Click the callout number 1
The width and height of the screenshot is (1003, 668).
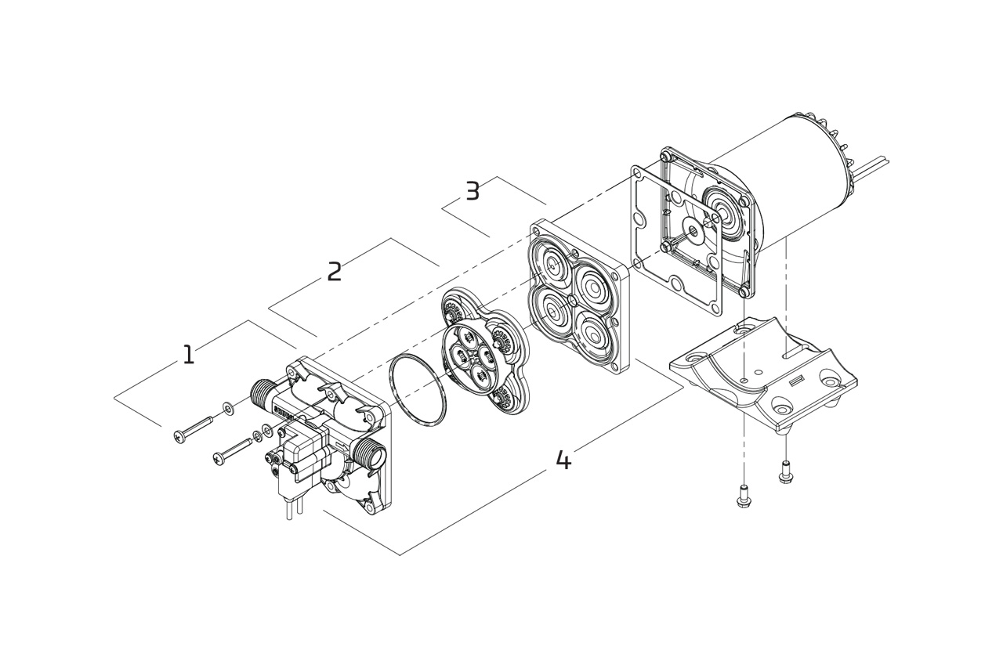(188, 356)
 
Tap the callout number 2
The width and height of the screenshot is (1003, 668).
(335, 273)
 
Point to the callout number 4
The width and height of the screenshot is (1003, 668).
(563, 460)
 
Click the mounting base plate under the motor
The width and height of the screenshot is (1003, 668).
(764, 372)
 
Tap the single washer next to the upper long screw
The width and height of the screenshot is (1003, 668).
(228, 406)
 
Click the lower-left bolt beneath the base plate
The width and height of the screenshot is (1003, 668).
(744, 496)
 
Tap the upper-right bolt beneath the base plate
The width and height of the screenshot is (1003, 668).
(785, 472)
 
